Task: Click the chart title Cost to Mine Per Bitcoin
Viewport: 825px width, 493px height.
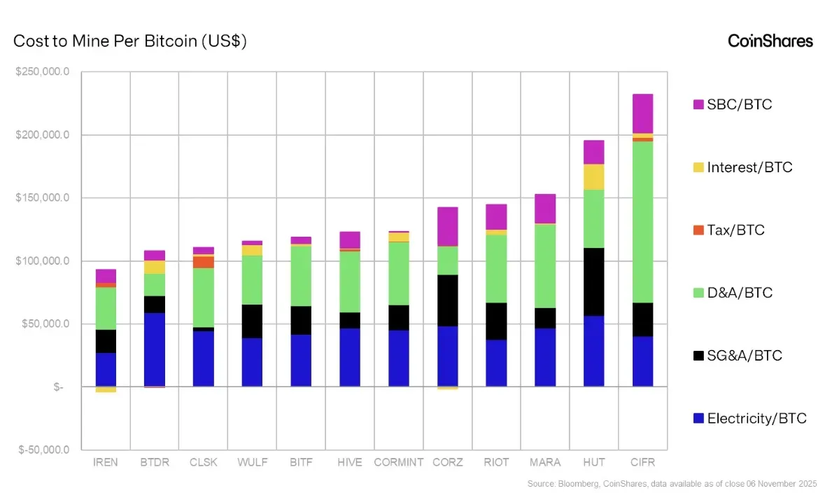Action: coord(130,41)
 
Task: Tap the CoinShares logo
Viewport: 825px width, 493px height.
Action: coord(770,41)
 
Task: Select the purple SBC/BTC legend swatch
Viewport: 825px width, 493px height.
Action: coord(698,104)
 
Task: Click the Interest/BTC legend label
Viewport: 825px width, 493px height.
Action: coord(749,167)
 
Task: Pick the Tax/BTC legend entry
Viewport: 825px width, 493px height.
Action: coord(735,230)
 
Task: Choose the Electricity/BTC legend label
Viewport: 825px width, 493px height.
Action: coord(756,419)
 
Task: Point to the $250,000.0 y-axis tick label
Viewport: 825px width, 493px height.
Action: coord(43,71)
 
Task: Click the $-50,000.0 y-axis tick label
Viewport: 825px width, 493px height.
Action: coord(43,450)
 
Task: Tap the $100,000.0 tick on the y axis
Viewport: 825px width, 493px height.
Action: coord(43,261)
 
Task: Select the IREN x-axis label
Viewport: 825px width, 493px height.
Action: coord(106,463)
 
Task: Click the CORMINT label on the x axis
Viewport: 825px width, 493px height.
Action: coord(399,463)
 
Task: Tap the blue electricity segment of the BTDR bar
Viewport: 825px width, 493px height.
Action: coord(155,349)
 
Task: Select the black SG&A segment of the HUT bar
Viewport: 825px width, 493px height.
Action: coord(593,282)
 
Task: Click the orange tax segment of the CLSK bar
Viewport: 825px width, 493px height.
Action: coord(204,262)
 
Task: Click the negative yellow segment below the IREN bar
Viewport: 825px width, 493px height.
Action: coord(106,389)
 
